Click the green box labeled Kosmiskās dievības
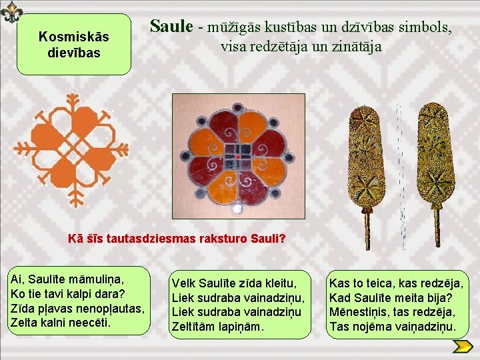tap(74, 44)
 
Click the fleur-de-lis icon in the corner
tap(11, 11)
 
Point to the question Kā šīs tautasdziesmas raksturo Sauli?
tap(177, 239)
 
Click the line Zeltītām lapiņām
tap(218, 327)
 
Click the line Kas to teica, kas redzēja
tap(396, 283)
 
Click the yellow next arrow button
tap(462, 346)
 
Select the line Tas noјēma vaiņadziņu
tap(393, 327)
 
